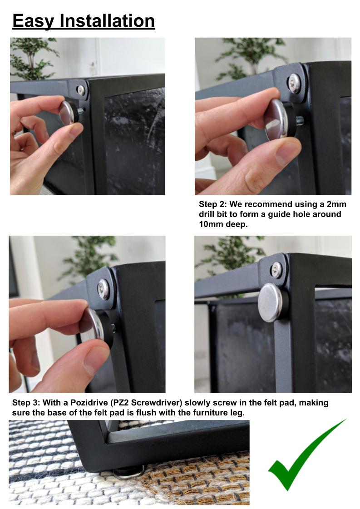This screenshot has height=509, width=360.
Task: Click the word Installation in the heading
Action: (108, 20)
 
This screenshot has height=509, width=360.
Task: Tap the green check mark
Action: (307, 455)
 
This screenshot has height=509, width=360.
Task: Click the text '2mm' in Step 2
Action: (336, 204)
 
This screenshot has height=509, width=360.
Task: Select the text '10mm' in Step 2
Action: (209, 224)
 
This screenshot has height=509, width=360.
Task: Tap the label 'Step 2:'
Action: (212, 204)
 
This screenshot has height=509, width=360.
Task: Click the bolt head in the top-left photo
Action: (80, 90)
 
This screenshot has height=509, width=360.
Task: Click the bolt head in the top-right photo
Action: (294, 84)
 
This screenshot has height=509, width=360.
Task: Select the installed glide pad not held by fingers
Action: (272, 302)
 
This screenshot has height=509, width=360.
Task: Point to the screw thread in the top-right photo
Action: (299, 121)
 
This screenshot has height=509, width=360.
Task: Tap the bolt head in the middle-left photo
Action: (104, 289)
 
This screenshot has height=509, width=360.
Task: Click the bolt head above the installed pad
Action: (276, 269)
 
